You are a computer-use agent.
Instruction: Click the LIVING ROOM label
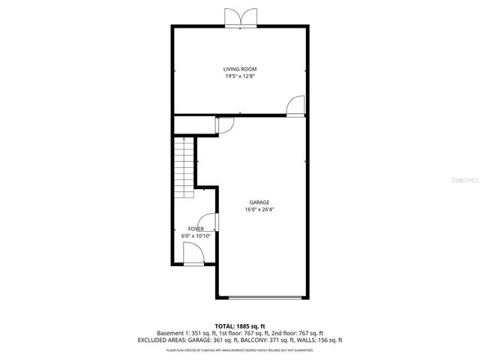click(x=240, y=69)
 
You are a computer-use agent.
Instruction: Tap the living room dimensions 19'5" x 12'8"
click(x=240, y=76)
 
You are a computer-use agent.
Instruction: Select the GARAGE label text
click(x=260, y=202)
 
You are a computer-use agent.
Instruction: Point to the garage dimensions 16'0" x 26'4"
click(x=260, y=210)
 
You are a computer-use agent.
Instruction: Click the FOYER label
click(x=196, y=228)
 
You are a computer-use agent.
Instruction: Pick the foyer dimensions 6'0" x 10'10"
click(x=196, y=235)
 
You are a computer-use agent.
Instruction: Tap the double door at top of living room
click(x=240, y=19)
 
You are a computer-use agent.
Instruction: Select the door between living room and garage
click(x=296, y=106)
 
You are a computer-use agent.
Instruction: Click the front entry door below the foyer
click(x=193, y=256)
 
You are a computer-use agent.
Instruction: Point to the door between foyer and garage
click(x=212, y=223)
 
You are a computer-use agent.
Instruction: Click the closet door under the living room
click(x=224, y=125)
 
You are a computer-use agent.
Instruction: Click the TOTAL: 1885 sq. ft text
click(x=240, y=326)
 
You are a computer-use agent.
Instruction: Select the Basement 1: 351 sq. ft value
click(x=184, y=333)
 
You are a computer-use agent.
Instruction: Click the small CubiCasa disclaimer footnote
click(x=240, y=349)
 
